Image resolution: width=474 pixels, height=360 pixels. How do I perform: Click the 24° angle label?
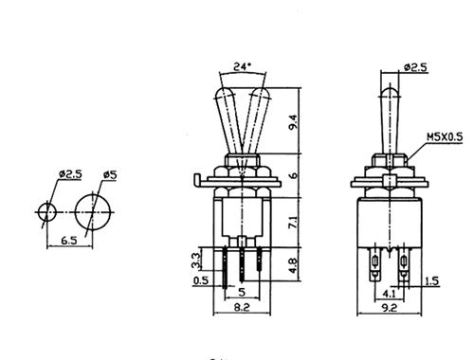[242, 66]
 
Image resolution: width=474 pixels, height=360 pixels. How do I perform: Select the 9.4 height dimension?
[293, 122]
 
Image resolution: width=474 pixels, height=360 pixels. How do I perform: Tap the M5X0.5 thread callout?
[445, 137]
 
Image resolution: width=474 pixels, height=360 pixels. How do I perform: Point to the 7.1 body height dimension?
[293, 223]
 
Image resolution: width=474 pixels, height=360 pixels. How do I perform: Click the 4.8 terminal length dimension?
[293, 266]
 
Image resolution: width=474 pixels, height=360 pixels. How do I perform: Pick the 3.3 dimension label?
[196, 261]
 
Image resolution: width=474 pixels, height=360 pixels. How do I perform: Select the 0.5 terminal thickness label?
[201, 280]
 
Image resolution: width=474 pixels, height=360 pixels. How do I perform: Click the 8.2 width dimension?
[242, 307]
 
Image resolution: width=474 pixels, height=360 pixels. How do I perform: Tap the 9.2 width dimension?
[390, 307]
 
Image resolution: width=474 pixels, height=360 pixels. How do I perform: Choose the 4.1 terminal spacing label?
[389, 294]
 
